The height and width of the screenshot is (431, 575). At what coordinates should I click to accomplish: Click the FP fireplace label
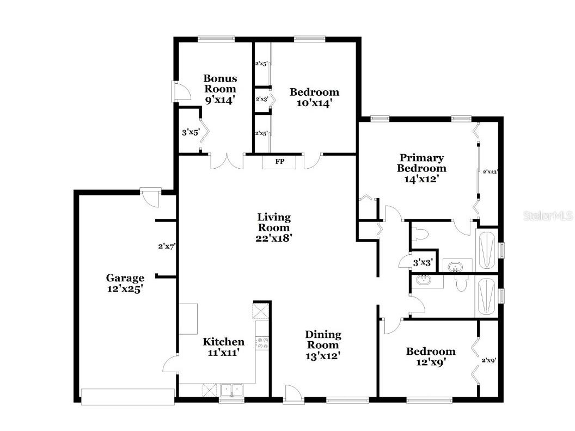pos(280,162)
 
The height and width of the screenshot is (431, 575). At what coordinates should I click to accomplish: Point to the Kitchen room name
pos(223,342)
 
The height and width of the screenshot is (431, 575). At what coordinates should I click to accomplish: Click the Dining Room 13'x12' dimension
pos(323,355)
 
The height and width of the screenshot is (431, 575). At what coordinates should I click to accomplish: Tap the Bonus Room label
pos(220,83)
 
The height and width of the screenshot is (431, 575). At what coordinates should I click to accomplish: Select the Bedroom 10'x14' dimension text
pos(314,102)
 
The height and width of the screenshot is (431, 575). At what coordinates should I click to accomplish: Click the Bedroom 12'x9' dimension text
pos(431,362)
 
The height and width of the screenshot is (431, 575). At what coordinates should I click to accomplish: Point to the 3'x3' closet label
pos(423,262)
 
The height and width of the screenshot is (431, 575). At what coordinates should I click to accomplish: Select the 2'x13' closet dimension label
pos(490,171)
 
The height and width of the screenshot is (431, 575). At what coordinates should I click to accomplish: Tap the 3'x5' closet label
pos(189,132)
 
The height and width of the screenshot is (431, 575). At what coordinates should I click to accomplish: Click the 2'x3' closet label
pos(261,99)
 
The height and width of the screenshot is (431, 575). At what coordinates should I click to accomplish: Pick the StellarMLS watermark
pos(548,216)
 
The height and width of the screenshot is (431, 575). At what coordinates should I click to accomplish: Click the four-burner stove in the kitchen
pos(262,342)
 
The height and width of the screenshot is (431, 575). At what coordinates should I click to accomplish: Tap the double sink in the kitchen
pos(232,390)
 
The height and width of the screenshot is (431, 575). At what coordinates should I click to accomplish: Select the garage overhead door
pos(127,396)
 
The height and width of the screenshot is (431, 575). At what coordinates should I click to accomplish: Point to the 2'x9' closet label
pos(488,360)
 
